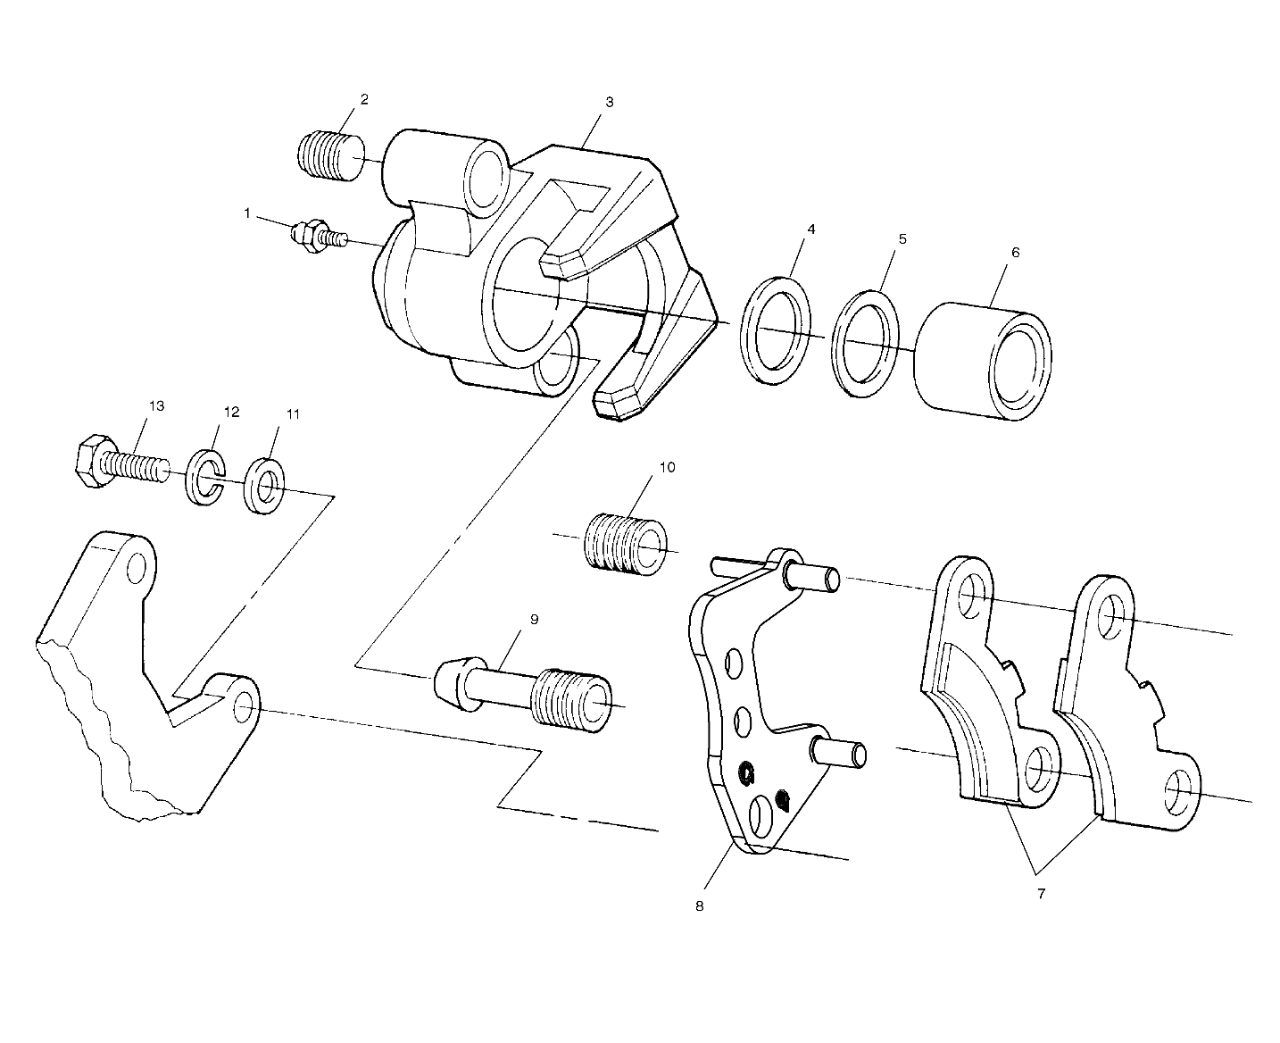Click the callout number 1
pos(246,213)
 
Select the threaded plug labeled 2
pos(329,154)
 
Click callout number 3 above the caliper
pos(609,102)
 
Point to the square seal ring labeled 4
pos(777,330)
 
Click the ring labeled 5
pos(864,342)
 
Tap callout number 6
pos(1014,253)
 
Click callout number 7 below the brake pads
pos(1041,893)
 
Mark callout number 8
pos(699,905)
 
